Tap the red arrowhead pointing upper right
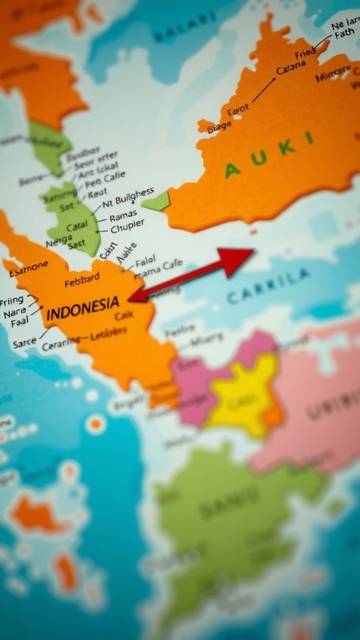238,258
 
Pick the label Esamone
29,267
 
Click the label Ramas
122,216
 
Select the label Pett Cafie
105,180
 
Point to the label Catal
77,226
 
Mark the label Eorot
237,111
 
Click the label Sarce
24,342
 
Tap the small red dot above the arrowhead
253,232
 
